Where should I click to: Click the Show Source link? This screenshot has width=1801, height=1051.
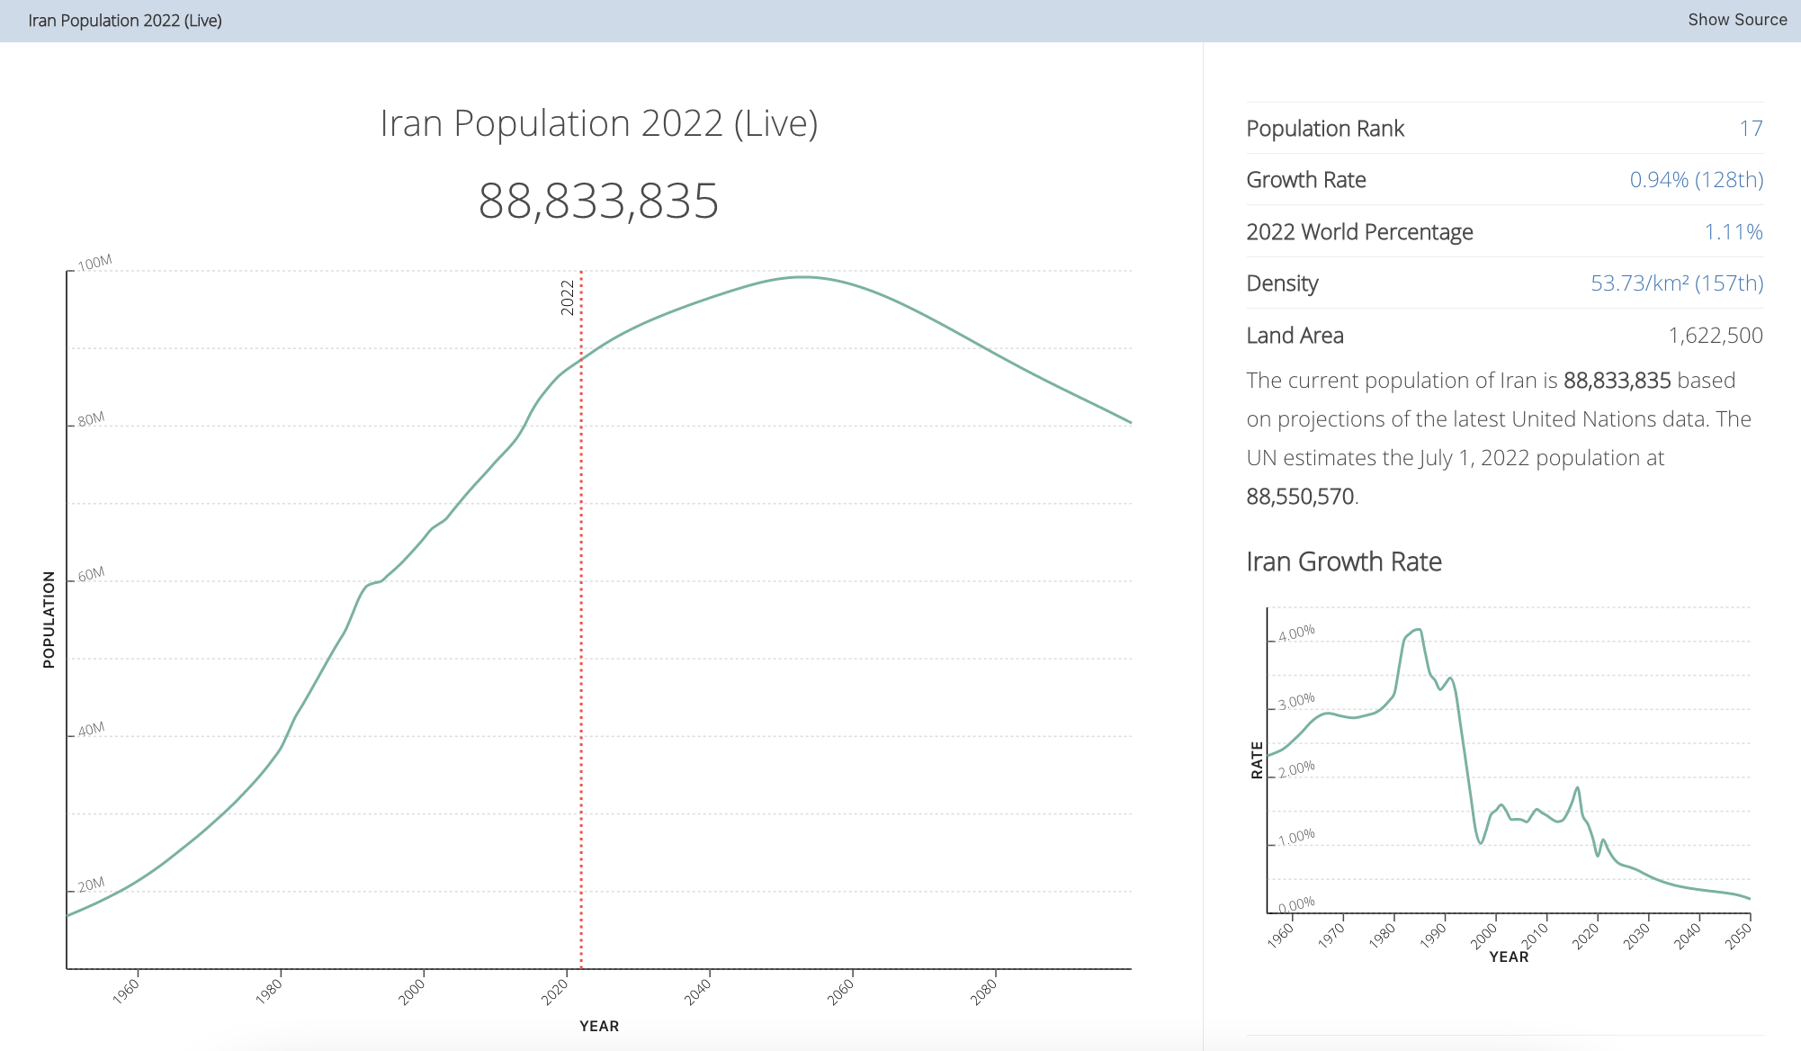coord(1736,20)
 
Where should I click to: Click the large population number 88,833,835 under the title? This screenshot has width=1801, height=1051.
coord(598,201)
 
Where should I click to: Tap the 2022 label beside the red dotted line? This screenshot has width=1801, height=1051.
coord(567,297)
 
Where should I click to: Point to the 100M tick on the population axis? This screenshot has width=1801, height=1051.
coord(94,263)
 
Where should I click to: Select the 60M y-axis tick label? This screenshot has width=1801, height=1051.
coord(91,574)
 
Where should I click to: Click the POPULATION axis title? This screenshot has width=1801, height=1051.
coord(49,619)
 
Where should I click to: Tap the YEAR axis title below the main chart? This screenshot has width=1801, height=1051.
coord(599,1026)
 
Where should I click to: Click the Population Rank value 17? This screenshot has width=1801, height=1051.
coord(1750,129)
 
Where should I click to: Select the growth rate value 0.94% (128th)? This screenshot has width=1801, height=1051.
coord(1696,180)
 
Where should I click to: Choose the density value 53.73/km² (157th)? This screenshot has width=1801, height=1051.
coord(1676,283)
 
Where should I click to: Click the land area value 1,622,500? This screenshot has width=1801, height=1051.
coord(1715,336)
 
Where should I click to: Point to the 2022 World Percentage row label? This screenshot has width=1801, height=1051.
coord(1359,232)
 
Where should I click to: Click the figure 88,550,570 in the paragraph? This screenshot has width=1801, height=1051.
coord(1300,497)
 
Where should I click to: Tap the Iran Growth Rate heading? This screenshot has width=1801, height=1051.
coord(1344,561)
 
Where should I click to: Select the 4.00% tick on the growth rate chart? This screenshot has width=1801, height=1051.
coord(1296,633)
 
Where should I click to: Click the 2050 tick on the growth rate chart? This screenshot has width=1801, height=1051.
coord(1738,936)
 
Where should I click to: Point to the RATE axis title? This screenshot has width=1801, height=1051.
coord(1257,760)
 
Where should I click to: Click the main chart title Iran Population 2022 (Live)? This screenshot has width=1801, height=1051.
coord(598,123)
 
